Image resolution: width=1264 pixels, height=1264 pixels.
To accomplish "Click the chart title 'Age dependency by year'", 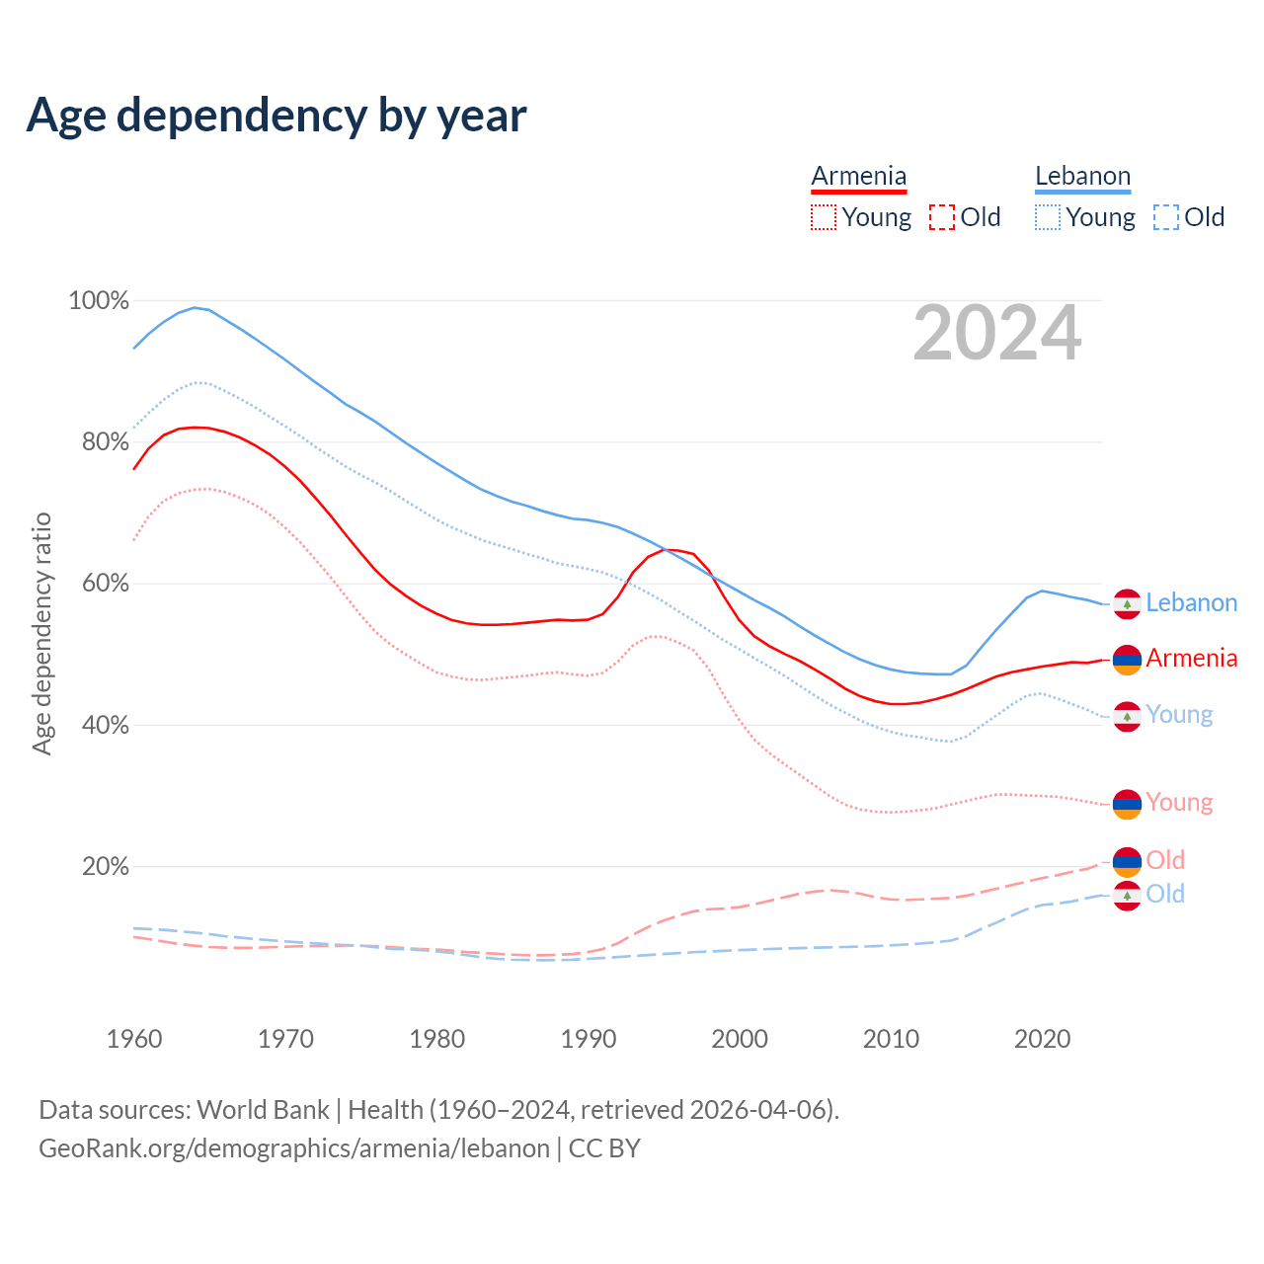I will point(276,116).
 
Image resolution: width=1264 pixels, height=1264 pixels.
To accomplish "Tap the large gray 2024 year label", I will point(997,334).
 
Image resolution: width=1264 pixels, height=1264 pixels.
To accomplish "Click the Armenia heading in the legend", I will point(858,177).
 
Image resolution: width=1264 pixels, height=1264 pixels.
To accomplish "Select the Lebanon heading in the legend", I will point(1082,177).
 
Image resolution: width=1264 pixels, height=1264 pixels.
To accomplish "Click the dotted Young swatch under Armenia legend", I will point(824,217).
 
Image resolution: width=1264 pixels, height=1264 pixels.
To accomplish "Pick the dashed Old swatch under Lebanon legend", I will point(1166,217).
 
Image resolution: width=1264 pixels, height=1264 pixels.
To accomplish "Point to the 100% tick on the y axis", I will point(99,301).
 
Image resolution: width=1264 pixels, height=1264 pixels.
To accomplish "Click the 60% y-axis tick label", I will point(104,584).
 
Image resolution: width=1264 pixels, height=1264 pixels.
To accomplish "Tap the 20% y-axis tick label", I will point(105,867).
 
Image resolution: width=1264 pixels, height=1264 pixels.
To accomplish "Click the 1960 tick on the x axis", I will point(134,1039).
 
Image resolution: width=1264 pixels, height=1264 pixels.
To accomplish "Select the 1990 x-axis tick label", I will point(589,1039).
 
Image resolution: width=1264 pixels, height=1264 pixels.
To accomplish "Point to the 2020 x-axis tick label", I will point(1043,1039).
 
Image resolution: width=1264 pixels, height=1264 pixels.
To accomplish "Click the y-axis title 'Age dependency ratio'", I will point(41,633).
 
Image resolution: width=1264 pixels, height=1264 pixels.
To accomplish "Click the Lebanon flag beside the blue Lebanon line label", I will point(1127,603).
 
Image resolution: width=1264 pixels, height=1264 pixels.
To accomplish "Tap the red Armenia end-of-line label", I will point(1191,659).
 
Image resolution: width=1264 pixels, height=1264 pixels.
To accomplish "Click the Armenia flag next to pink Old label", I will point(1127,861).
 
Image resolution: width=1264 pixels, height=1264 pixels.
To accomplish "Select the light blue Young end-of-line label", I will point(1179,715).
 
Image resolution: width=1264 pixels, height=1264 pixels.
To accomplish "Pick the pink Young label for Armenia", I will point(1179,803).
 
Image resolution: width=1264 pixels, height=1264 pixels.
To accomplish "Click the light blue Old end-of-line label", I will point(1165,895).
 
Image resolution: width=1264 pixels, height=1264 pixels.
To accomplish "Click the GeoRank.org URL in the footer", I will point(294,1148).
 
